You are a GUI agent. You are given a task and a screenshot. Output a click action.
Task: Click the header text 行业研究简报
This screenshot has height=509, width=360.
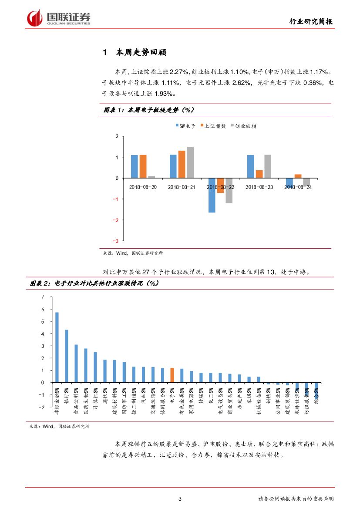(312, 22)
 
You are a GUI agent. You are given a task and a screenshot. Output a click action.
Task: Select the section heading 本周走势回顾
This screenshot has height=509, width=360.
(135, 53)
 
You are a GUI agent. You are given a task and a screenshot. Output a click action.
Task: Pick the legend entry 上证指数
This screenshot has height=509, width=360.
(213, 126)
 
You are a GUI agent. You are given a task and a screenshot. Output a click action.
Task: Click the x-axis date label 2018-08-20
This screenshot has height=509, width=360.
(143, 187)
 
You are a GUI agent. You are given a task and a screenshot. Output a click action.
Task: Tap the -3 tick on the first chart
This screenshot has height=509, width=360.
(116, 241)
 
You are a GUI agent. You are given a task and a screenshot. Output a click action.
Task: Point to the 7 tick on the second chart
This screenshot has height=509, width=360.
(43, 297)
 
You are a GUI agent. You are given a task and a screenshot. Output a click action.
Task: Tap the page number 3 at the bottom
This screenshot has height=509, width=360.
(180, 499)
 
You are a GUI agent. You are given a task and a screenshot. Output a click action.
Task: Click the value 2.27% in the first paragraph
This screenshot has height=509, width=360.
(178, 71)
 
